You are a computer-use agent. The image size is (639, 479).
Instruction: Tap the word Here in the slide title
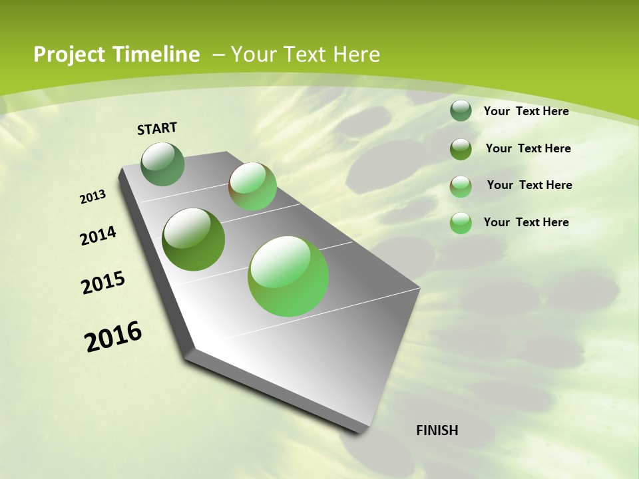(356, 55)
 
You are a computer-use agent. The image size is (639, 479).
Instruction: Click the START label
(157, 128)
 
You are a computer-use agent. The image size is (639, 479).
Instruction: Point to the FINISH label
(437, 430)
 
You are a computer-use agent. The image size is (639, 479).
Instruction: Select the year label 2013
(93, 197)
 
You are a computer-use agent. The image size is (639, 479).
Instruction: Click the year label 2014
(99, 236)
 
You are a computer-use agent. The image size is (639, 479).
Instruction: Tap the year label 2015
(103, 283)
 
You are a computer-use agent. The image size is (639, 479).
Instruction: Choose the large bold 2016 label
(113, 337)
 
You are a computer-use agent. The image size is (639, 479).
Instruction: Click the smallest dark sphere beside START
(163, 164)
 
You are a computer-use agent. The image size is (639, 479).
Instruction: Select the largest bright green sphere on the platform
(288, 276)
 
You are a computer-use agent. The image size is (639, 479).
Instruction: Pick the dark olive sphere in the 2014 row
(194, 239)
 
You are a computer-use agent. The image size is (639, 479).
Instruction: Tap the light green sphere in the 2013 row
(252, 186)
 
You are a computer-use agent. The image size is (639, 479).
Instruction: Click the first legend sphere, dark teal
(461, 110)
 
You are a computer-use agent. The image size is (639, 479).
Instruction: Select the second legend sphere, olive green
(461, 148)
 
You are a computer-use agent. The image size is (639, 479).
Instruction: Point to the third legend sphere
(461, 186)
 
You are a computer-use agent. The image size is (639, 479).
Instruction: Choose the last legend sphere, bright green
(461, 223)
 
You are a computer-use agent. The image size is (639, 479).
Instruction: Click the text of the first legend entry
(526, 111)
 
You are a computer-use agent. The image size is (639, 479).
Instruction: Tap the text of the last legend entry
(526, 222)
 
